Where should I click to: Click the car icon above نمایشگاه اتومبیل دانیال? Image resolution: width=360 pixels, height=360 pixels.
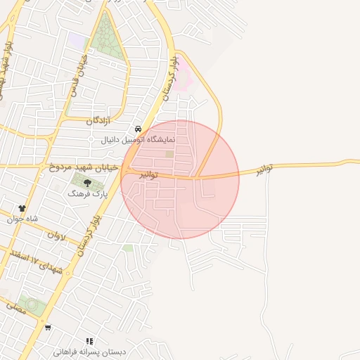(x=139, y=129)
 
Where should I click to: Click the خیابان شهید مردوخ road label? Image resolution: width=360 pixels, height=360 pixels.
(x=80, y=168)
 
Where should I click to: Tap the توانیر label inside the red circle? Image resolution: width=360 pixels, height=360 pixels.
(x=146, y=172)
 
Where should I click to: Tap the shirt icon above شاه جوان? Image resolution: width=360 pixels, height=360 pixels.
(x=22, y=208)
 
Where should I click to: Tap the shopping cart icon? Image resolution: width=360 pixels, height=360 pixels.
(x=48, y=328)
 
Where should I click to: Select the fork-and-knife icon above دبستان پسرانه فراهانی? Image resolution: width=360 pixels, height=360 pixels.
(x=89, y=341)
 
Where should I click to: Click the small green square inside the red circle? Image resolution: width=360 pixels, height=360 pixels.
(x=169, y=154)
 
